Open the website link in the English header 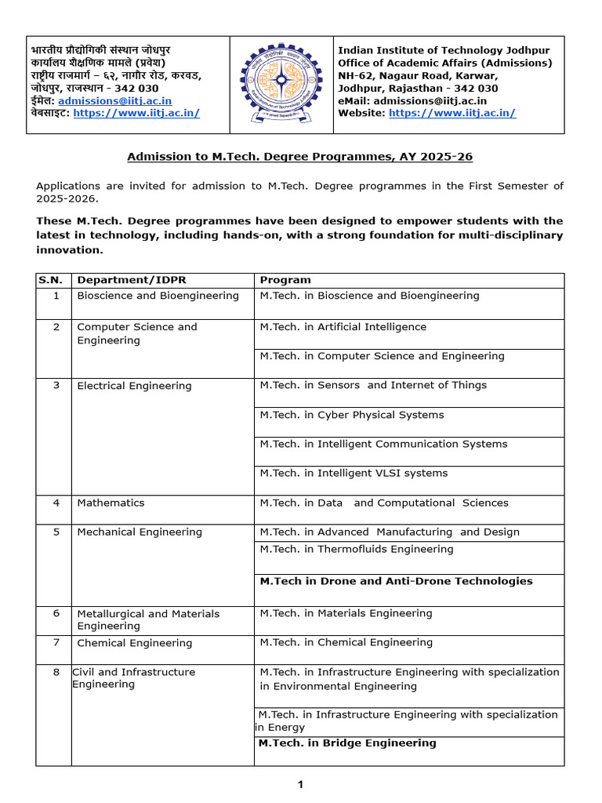[452, 113]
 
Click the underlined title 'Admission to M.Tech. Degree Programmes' [300, 157]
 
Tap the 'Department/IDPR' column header [132, 280]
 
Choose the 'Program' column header [285, 280]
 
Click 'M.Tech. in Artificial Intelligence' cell [343, 327]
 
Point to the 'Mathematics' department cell [111, 503]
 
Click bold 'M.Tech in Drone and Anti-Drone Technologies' [396, 581]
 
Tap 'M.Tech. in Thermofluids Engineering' [357, 549]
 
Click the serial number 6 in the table [56, 613]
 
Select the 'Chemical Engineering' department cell [134, 643]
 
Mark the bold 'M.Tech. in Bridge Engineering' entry [347, 743]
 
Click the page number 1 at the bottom [300, 784]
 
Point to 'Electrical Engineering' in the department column [134, 386]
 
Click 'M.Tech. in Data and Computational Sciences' [384, 503]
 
